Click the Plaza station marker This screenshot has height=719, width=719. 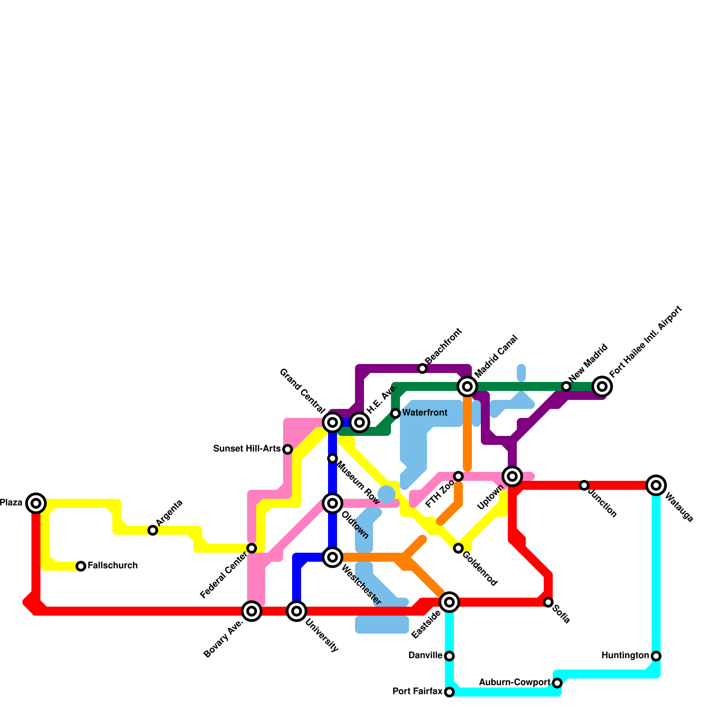(x=36, y=503)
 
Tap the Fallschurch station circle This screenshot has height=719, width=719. (x=81, y=566)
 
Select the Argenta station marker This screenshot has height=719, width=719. (x=153, y=530)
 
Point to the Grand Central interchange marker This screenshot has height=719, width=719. (x=333, y=422)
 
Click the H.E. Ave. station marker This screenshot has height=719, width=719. (x=359, y=422)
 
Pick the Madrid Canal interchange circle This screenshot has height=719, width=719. (x=467, y=386)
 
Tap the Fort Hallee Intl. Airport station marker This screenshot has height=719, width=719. (x=602, y=386)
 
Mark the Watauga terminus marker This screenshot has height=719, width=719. (x=656, y=485)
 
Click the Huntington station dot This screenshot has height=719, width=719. (x=656, y=656)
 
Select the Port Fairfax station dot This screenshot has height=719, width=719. (x=449, y=692)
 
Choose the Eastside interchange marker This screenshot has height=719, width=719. (x=449, y=602)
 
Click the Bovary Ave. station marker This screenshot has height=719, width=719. (x=252, y=611)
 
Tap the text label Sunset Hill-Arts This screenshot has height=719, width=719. (x=247, y=449)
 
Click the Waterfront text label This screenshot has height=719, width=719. (x=425, y=413)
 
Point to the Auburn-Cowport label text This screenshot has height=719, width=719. (x=515, y=683)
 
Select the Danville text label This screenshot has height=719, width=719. (x=425, y=656)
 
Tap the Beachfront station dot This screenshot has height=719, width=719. (x=422, y=368)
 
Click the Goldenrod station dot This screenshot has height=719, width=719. (x=458, y=548)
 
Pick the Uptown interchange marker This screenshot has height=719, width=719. (x=512, y=476)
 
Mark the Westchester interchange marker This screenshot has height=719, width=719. (x=333, y=557)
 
